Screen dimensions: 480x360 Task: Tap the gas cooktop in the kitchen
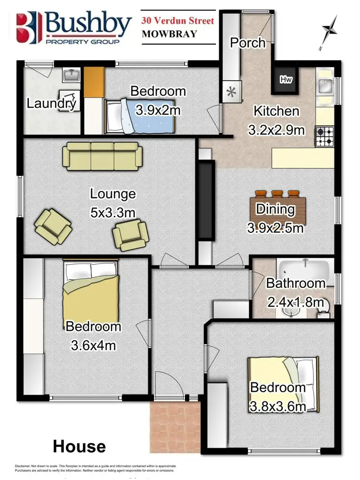[324, 135]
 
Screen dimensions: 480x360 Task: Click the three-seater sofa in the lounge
[102, 154]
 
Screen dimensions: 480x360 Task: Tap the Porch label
[248, 43]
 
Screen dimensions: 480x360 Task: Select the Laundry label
[51, 103]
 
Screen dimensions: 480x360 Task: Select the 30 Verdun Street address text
[177, 21]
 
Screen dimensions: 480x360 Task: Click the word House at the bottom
[79, 446]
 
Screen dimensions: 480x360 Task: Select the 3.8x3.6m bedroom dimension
[277, 407]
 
